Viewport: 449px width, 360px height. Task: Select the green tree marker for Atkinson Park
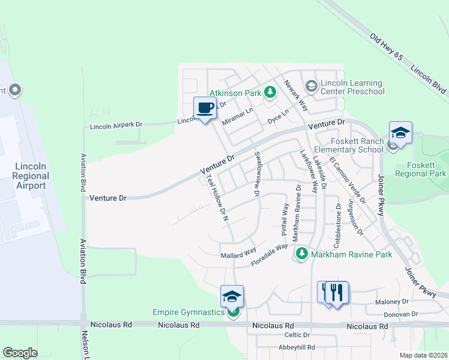pyautogui.click(x=270, y=92)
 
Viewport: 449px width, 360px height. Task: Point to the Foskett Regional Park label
pyautogui.click(x=420, y=168)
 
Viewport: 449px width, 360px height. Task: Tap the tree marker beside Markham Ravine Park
pyautogui.click(x=301, y=254)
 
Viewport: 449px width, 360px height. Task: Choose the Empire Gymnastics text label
pyautogui.click(x=188, y=312)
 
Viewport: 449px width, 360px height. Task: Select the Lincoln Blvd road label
pyautogui.click(x=429, y=79)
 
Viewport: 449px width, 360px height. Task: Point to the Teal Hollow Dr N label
pyautogui.click(x=218, y=198)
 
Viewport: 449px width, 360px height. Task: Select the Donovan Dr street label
pyautogui.click(x=400, y=314)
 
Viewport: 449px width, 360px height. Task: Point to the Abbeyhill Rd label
pyautogui.click(x=297, y=347)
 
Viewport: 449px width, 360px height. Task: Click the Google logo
pyautogui.click(x=20, y=353)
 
